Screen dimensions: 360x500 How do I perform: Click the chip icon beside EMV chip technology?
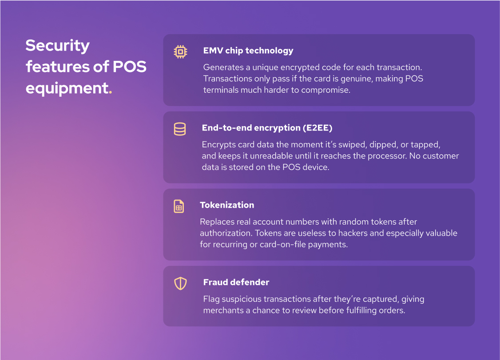(180, 52)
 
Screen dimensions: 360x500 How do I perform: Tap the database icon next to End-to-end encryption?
(179, 129)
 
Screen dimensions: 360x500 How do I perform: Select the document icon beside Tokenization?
(179, 206)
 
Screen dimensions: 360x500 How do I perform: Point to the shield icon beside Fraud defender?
(180, 284)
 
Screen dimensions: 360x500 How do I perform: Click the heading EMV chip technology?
(248, 51)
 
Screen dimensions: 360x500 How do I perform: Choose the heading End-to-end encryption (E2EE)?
(267, 128)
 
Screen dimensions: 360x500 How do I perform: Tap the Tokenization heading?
(227, 205)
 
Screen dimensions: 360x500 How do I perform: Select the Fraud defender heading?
(236, 282)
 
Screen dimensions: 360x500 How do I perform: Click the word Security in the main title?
(58, 46)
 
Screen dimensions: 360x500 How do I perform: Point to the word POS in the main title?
(129, 67)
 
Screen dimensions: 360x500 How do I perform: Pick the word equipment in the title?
(67, 88)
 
